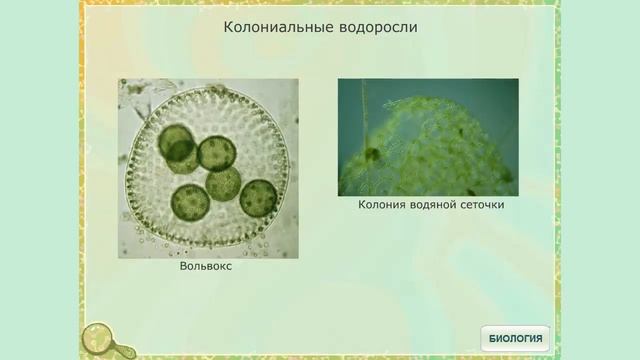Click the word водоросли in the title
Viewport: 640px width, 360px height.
pyautogui.click(x=374, y=28)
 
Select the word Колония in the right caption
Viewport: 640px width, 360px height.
pyautogui.click(x=381, y=205)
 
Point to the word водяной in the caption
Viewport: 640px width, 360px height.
pyautogui.click(x=432, y=205)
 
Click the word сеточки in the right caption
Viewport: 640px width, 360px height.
pyautogui.click(x=481, y=205)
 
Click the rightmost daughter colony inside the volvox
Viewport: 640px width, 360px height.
pyautogui.click(x=258, y=198)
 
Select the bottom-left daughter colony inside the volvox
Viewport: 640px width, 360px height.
pyautogui.click(x=188, y=202)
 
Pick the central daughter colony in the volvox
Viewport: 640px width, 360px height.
pyautogui.click(x=224, y=184)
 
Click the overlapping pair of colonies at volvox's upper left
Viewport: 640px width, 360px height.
pyautogui.click(x=179, y=146)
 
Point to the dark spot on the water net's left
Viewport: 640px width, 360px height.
pyautogui.click(x=372, y=154)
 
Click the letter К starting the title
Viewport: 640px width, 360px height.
pyautogui.click(x=227, y=28)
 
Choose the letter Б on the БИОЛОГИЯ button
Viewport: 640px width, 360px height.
pyautogui.click(x=492, y=339)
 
